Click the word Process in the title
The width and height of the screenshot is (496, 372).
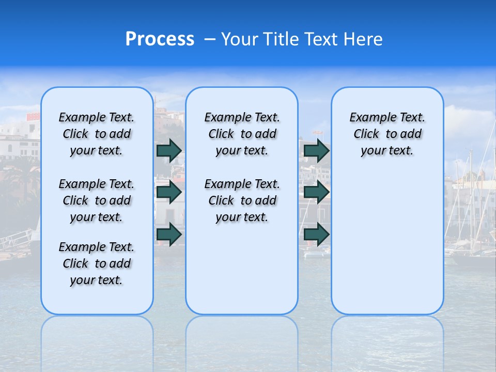click(x=160, y=39)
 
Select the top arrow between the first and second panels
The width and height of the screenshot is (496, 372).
click(x=169, y=150)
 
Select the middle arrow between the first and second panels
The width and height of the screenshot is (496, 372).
click(x=169, y=192)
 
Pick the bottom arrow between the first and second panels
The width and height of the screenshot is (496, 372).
click(x=169, y=234)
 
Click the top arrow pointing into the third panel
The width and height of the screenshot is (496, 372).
click(x=316, y=150)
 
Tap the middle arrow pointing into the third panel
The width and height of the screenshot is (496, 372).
click(x=316, y=192)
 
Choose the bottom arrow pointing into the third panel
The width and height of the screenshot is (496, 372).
click(x=316, y=234)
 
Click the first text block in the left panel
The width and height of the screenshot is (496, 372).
click(x=97, y=134)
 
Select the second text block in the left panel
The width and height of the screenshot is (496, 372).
click(x=97, y=200)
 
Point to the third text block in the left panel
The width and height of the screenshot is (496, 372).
click(x=97, y=263)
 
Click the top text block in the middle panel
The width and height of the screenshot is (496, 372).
click(x=242, y=134)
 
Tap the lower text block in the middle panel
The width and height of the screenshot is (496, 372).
click(x=242, y=200)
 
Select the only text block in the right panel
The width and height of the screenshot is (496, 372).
click(x=387, y=134)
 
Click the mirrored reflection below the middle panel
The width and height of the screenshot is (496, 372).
click(x=242, y=336)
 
